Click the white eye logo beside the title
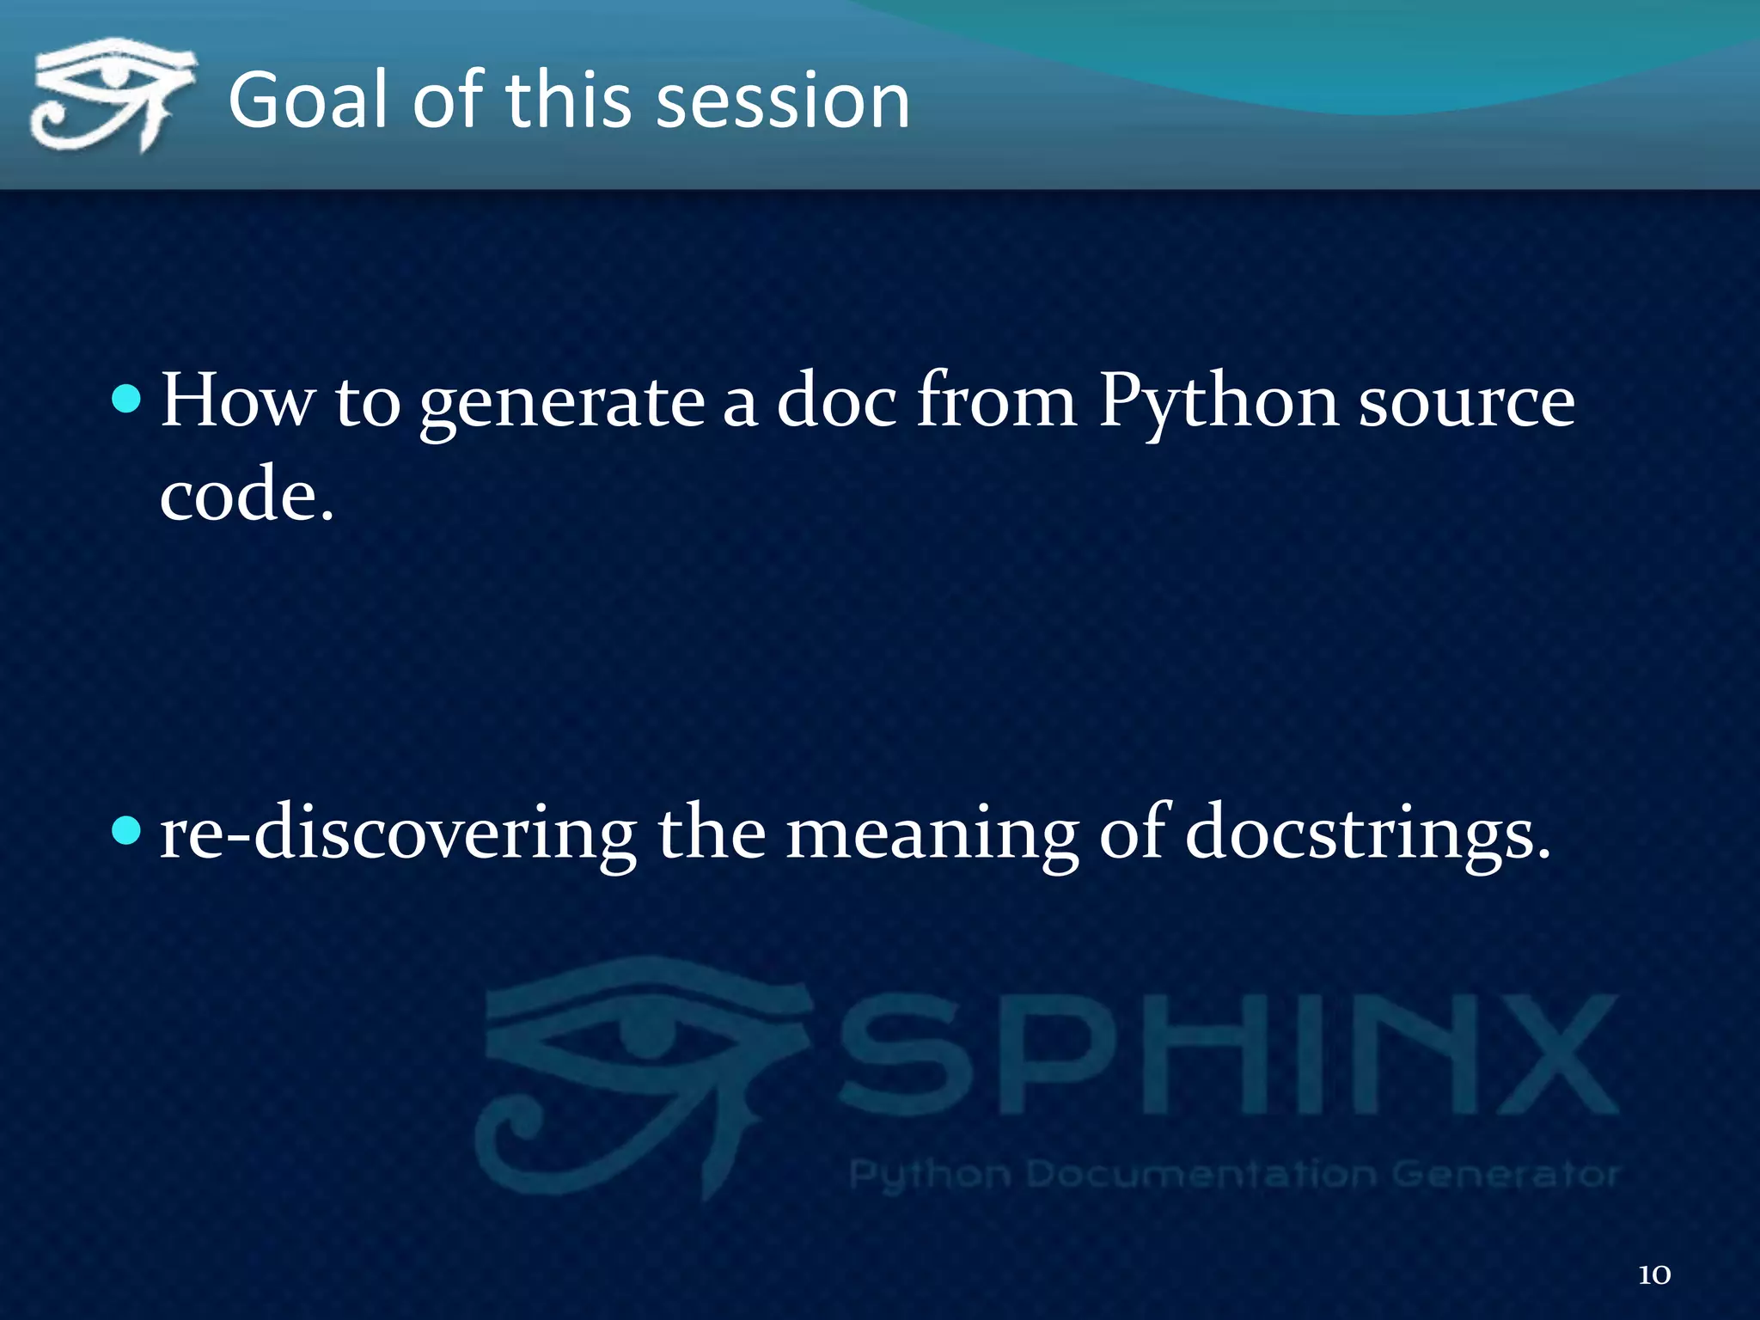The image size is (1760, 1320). point(110,95)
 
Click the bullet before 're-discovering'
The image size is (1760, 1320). point(126,830)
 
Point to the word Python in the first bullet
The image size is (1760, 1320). point(1218,402)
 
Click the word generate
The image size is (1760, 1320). point(562,402)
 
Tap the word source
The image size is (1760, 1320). point(1466,402)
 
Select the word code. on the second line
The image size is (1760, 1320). point(247,495)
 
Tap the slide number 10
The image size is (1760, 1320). point(1654,1274)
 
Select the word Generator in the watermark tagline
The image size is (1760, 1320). point(1505,1173)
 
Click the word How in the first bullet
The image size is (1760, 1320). point(237,400)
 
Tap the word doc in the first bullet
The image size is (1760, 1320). point(836,400)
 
